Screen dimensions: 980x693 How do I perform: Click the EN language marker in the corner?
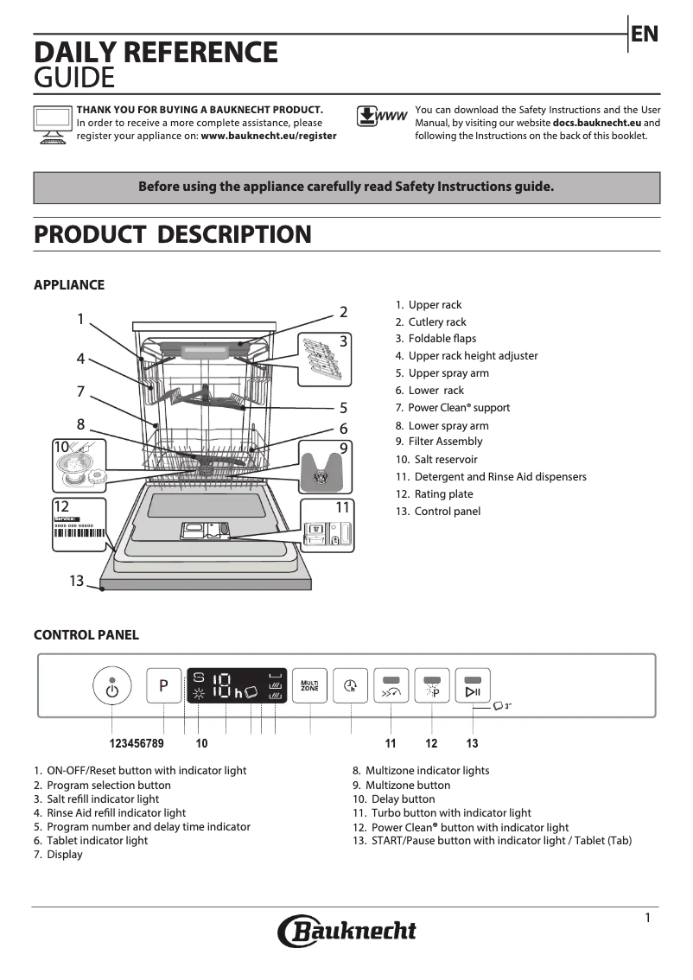pyautogui.click(x=645, y=35)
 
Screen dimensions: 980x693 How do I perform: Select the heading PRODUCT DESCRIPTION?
pyautogui.click(x=172, y=234)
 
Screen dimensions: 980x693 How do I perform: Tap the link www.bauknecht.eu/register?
pyautogui.click(x=269, y=136)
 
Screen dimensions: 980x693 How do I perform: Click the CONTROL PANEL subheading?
pyautogui.click(x=86, y=635)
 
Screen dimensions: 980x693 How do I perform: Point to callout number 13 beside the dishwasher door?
pyautogui.click(x=76, y=581)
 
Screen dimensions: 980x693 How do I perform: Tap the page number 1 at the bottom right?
pyautogui.click(x=647, y=918)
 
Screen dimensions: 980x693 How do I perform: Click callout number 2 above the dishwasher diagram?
pyautogui.click(x=343, y=312)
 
